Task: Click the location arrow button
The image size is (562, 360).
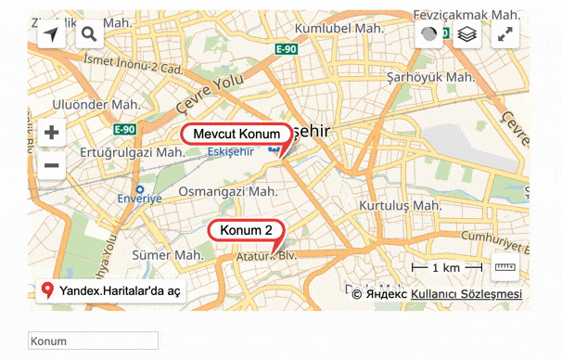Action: (x=51, y=35)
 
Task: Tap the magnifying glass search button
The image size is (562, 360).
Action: (x=90, y=35)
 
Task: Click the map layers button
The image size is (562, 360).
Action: (x=466, y=35)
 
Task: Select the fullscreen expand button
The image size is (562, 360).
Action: (x=505, y=35)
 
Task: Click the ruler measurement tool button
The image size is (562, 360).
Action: (x=505, y=268)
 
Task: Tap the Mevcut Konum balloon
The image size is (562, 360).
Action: (x=236, y=134)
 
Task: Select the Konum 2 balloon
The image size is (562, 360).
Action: (x=246, y=230)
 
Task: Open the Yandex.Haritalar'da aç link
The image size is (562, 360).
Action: (x=112, y=290)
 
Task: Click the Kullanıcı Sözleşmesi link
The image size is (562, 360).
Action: (x=466, y=294)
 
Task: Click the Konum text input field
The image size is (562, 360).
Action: (x=94, y=341)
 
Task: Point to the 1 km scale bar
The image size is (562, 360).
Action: (x=448, y=268)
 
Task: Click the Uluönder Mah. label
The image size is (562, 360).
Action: (x=96, y=105)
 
